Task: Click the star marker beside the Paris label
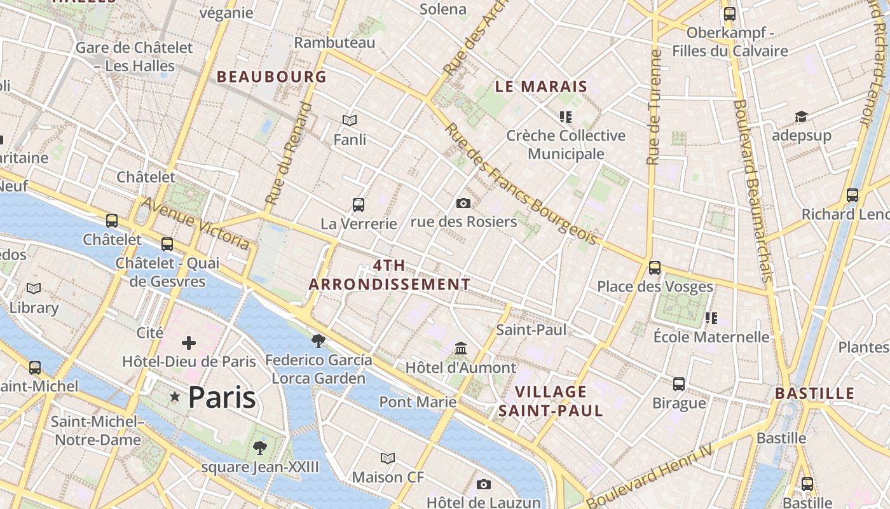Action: [x=175, y=397]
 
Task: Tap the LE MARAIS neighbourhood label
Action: [x=541, y=87]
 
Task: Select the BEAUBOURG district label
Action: [x=271, y=77]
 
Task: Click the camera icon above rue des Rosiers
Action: [x=463, y=204]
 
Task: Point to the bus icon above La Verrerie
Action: [x=359, y=205]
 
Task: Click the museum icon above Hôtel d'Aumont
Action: [x=461, y=349]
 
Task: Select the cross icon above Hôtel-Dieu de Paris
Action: [x=189, y=344]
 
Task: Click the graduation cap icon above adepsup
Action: [x=801, y=117]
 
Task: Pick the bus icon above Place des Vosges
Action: [x=655, y=268]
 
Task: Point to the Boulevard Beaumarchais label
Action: [x=752, y=190]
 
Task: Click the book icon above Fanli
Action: [x=350, y=120]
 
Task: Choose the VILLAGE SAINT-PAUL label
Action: [x=551, y=401]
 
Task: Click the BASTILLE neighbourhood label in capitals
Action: [x=814, y=393]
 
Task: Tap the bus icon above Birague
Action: [x=679, y=384]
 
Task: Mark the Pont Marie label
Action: [x=418, y=402]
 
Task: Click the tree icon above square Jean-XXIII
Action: [x=259, y=448]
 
